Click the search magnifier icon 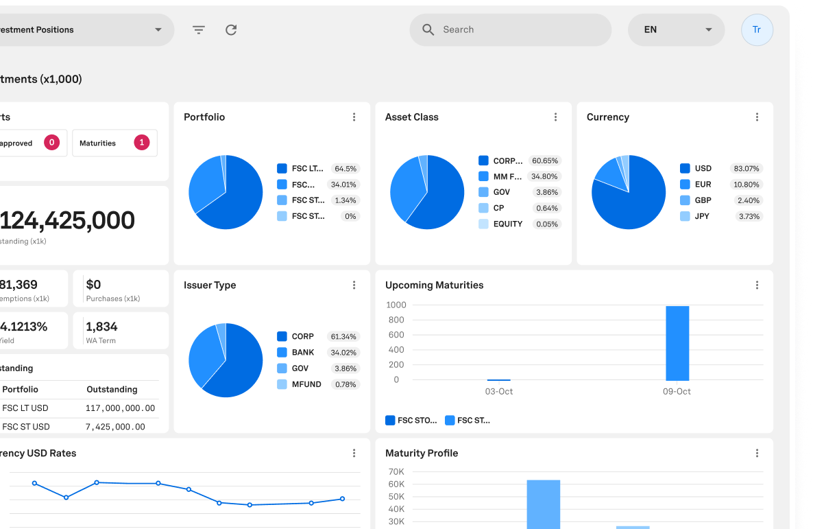coord(428,30)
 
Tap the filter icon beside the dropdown coord(199,30)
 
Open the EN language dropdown coord(676,30)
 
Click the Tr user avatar coord(757,30)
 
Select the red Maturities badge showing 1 coord(142,143)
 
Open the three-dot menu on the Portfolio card coord(354,117)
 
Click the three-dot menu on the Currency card coord(757,117)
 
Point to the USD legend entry coord(703,168)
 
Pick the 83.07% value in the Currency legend coord(747,169)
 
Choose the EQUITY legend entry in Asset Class coord(507,224)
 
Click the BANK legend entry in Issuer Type coord(302,353)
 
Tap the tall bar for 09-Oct coord(677,343)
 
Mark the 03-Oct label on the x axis coord(499,392)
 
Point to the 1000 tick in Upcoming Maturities coord(396,305)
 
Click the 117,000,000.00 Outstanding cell coord(121,408)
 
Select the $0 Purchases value coord(94,285)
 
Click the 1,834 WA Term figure coord(101,327)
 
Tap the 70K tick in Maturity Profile coord(396,472)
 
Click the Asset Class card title coord(412,117)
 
